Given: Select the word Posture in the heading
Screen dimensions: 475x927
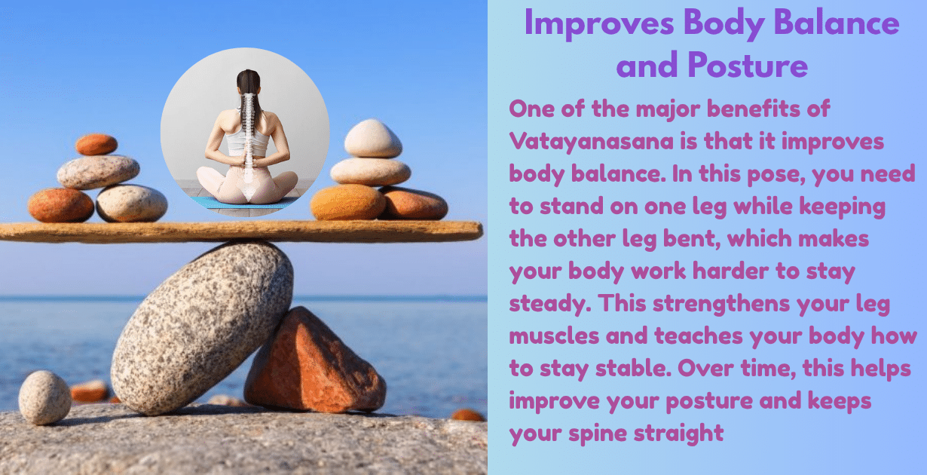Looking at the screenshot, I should [747, 66].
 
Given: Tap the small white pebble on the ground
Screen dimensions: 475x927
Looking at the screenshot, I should [44, 397].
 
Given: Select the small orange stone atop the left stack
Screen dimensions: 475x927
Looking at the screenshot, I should [96, 144].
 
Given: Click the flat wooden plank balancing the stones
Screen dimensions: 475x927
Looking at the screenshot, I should [241, 231].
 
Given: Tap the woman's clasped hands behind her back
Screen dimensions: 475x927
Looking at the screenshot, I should [245, 160].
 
